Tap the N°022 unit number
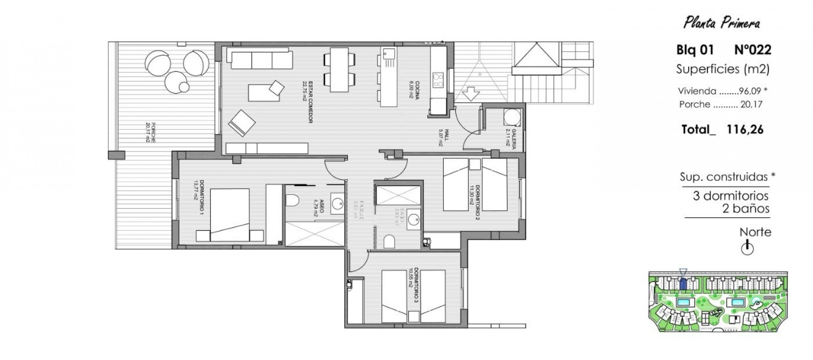pyautogui.click(x=752, y=50)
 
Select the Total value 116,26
pyautogui.click(x=745, y=130)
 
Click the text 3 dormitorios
pyautogui.click(x=730, y=196)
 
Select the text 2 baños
pyautogui.click(x=746, y=208)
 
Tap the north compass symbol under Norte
pyautogui.click(x=747, y=248)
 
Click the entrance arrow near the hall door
pyautogui.click(x=473, y=92)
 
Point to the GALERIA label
pyautogui.click(x=511, y=136)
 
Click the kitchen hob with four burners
pyautogui.click(x=437, y=80)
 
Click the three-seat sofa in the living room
pyautogui.click(x=261, y=59)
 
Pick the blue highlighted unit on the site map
pyautogui.click(x=683, y=283)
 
